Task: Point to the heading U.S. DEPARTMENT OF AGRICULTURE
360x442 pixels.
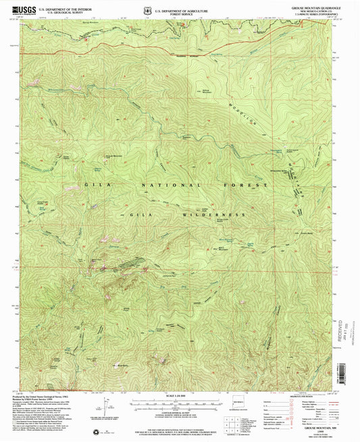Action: pos(183,6)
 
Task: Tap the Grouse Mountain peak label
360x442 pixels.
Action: pos(112,156)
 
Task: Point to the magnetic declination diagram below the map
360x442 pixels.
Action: pos(107,410)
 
